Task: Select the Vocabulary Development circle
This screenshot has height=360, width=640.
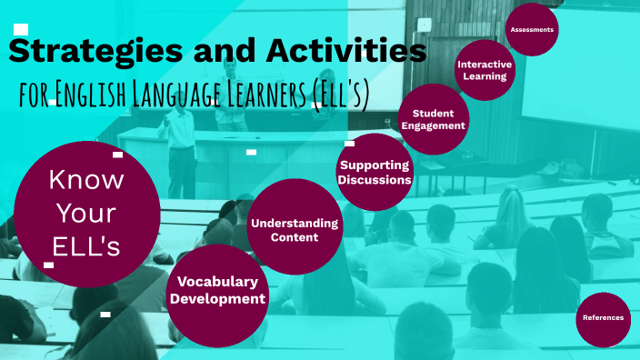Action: point(218,290)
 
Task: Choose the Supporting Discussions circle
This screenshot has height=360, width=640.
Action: point(375,171)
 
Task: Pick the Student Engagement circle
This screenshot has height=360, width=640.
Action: point(433,118)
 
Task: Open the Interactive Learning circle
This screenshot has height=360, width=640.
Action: point(485,70)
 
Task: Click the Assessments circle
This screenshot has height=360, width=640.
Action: point(532,30)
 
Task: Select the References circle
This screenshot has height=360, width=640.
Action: point(603,318)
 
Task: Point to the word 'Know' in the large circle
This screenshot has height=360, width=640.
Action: point(86,180)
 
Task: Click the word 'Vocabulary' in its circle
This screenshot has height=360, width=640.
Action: point(218,281)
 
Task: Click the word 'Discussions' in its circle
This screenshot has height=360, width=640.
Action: point(375,180)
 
